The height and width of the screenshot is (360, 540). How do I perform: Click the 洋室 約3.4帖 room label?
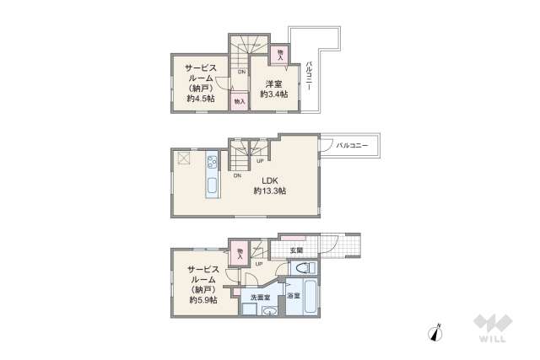(273, 89)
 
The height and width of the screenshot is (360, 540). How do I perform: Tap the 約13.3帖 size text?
(269, 191)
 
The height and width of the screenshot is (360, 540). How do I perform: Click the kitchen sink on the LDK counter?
(212, 187)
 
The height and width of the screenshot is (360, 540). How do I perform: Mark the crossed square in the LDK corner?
(184, 158)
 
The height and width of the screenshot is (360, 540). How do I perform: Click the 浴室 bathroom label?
(293, 298)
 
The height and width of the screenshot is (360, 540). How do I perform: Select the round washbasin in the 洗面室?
(270, 312)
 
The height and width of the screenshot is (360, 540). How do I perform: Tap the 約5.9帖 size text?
(202, 300)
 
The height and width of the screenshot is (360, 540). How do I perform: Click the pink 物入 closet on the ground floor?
(240, 253)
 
